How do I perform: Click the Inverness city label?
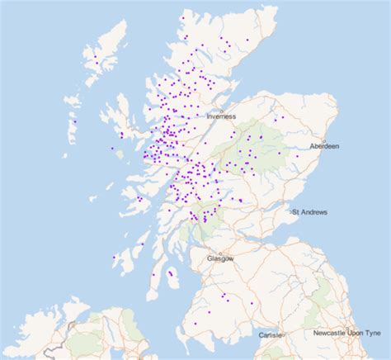pyautogui.click(x=221, y=117)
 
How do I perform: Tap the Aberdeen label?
pyautogui.click(x=324, y=146)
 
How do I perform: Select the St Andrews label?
pyautogui.click(x=309, y=212)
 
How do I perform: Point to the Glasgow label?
pyautogui.click(x=220, y=258)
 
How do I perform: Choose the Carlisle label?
pyautogui.click(x=270, y=335)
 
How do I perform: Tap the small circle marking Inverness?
pyautogui.click(x=221, y=110)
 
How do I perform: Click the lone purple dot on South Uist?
pyautogui.click(x=75, y=122)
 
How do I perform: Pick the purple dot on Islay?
pyautogui.click(x=113, y=258)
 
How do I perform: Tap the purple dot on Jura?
pyautogui.click(x=141, y=244)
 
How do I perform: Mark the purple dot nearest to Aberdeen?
pyautogui.click(x=298, y=155)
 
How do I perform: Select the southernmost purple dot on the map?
pyautogui.click(x=195, y=324)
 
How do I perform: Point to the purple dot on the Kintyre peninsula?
pyautogui.click(x=153, y=275)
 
